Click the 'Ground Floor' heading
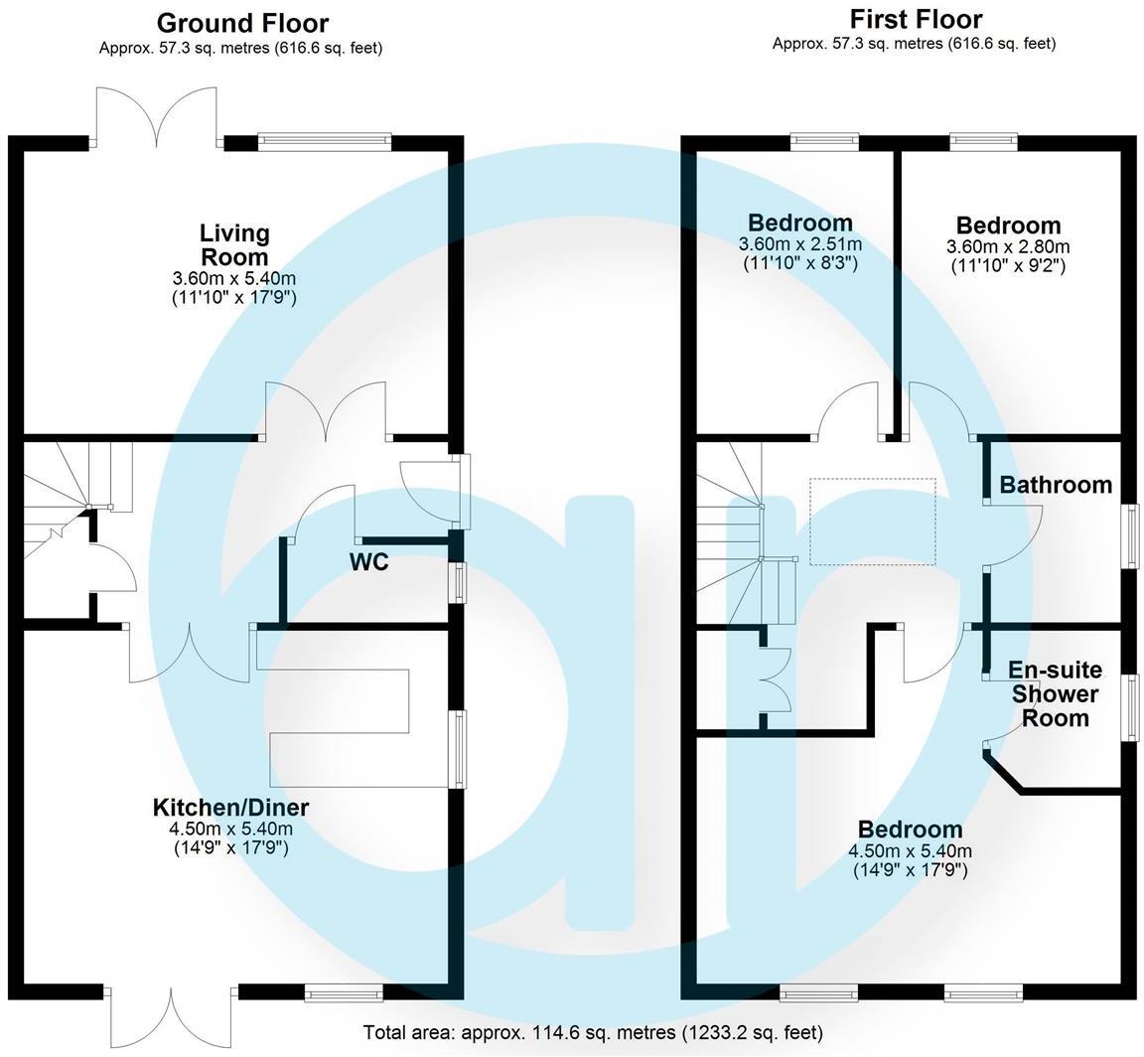click(242, 23)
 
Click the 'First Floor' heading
click(916, 19)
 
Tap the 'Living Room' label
click(234, 244)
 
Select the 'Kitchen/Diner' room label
click(230, 808)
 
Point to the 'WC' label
click(368, 562)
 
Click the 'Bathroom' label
click(1056, 485)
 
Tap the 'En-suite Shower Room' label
click(1055, 693)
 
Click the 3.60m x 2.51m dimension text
click(800, 244)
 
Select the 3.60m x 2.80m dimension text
click(1008, 246)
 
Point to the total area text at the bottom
click(593, 1033)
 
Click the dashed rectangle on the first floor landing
click(872, 522)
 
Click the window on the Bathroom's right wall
click(1130, 536)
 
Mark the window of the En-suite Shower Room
click(1130, 707)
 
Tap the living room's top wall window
click(325, 142)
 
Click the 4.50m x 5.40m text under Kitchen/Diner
click(230, 830)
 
